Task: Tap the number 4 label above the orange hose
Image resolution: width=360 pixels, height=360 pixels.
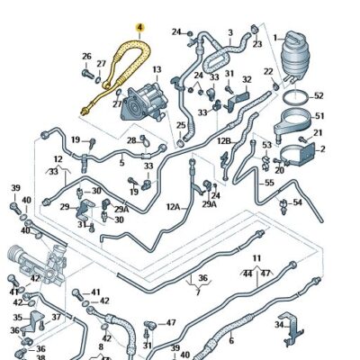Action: point(138,28)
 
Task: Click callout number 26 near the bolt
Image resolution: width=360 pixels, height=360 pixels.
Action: point(86,58)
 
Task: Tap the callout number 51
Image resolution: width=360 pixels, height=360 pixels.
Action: point(319,114)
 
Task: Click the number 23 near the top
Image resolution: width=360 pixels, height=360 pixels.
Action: point(257,43)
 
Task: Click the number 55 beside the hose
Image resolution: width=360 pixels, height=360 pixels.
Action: point(268,183)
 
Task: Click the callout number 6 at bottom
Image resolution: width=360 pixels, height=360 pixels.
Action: point(231,340)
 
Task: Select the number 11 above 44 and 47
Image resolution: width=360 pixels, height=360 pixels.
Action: point(256,259)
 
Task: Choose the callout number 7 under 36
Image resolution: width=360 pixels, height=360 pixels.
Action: point(198,292)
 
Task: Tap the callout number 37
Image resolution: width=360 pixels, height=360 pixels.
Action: point(56,317)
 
